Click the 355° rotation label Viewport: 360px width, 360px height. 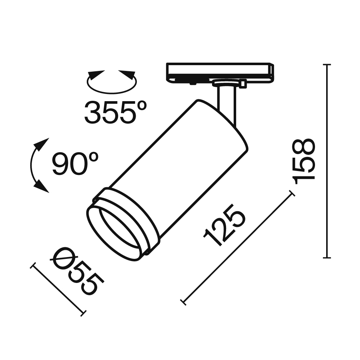pos(115,112)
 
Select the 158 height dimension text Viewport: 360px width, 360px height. pos(305,161)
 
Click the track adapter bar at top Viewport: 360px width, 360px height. pos(220,72)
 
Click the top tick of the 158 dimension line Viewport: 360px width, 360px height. pos(327,65)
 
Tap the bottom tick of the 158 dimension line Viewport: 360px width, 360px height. pos(327,258)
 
